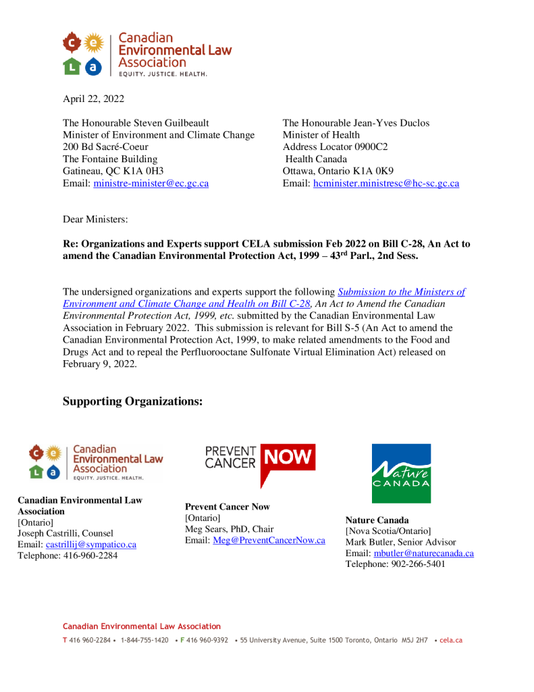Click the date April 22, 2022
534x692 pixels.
coord(93,99)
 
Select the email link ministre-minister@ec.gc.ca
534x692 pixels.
coord(151,183)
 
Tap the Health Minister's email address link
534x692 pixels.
coord(386,183)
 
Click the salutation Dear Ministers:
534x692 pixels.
coord(95,220)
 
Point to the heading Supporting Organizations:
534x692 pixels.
coord(132,401)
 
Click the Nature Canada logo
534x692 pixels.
coord(401,473)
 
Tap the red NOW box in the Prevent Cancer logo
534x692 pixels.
coord(288,459)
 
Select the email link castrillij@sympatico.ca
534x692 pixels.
coord(90,545)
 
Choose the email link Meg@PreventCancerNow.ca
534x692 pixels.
coord(269,541)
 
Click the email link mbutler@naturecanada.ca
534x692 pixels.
coord(423,553)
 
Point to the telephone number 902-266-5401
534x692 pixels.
coord(417,564)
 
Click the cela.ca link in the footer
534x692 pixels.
coord(451,640)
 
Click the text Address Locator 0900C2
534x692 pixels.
coord(335,147)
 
